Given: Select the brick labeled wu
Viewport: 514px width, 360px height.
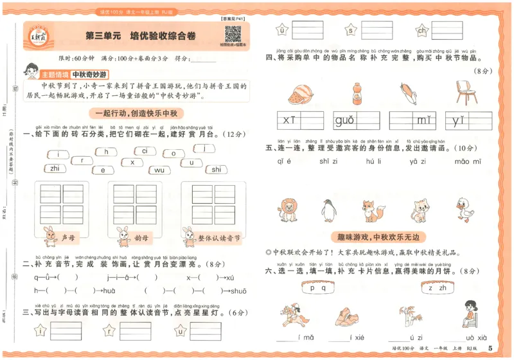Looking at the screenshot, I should click(x=159, y=170).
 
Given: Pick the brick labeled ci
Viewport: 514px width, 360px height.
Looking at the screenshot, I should click(x=145, y=151).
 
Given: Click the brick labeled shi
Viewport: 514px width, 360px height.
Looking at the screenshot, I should click(x=216, y=169).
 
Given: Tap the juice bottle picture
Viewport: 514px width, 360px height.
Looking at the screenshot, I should click(x=353, y=94).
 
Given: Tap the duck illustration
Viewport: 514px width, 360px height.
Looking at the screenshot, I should click(x=465, y=210).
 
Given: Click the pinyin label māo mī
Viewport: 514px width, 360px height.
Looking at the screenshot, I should click(x=467, y=162).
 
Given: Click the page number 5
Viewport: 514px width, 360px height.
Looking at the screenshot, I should click(x=490, y=348).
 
